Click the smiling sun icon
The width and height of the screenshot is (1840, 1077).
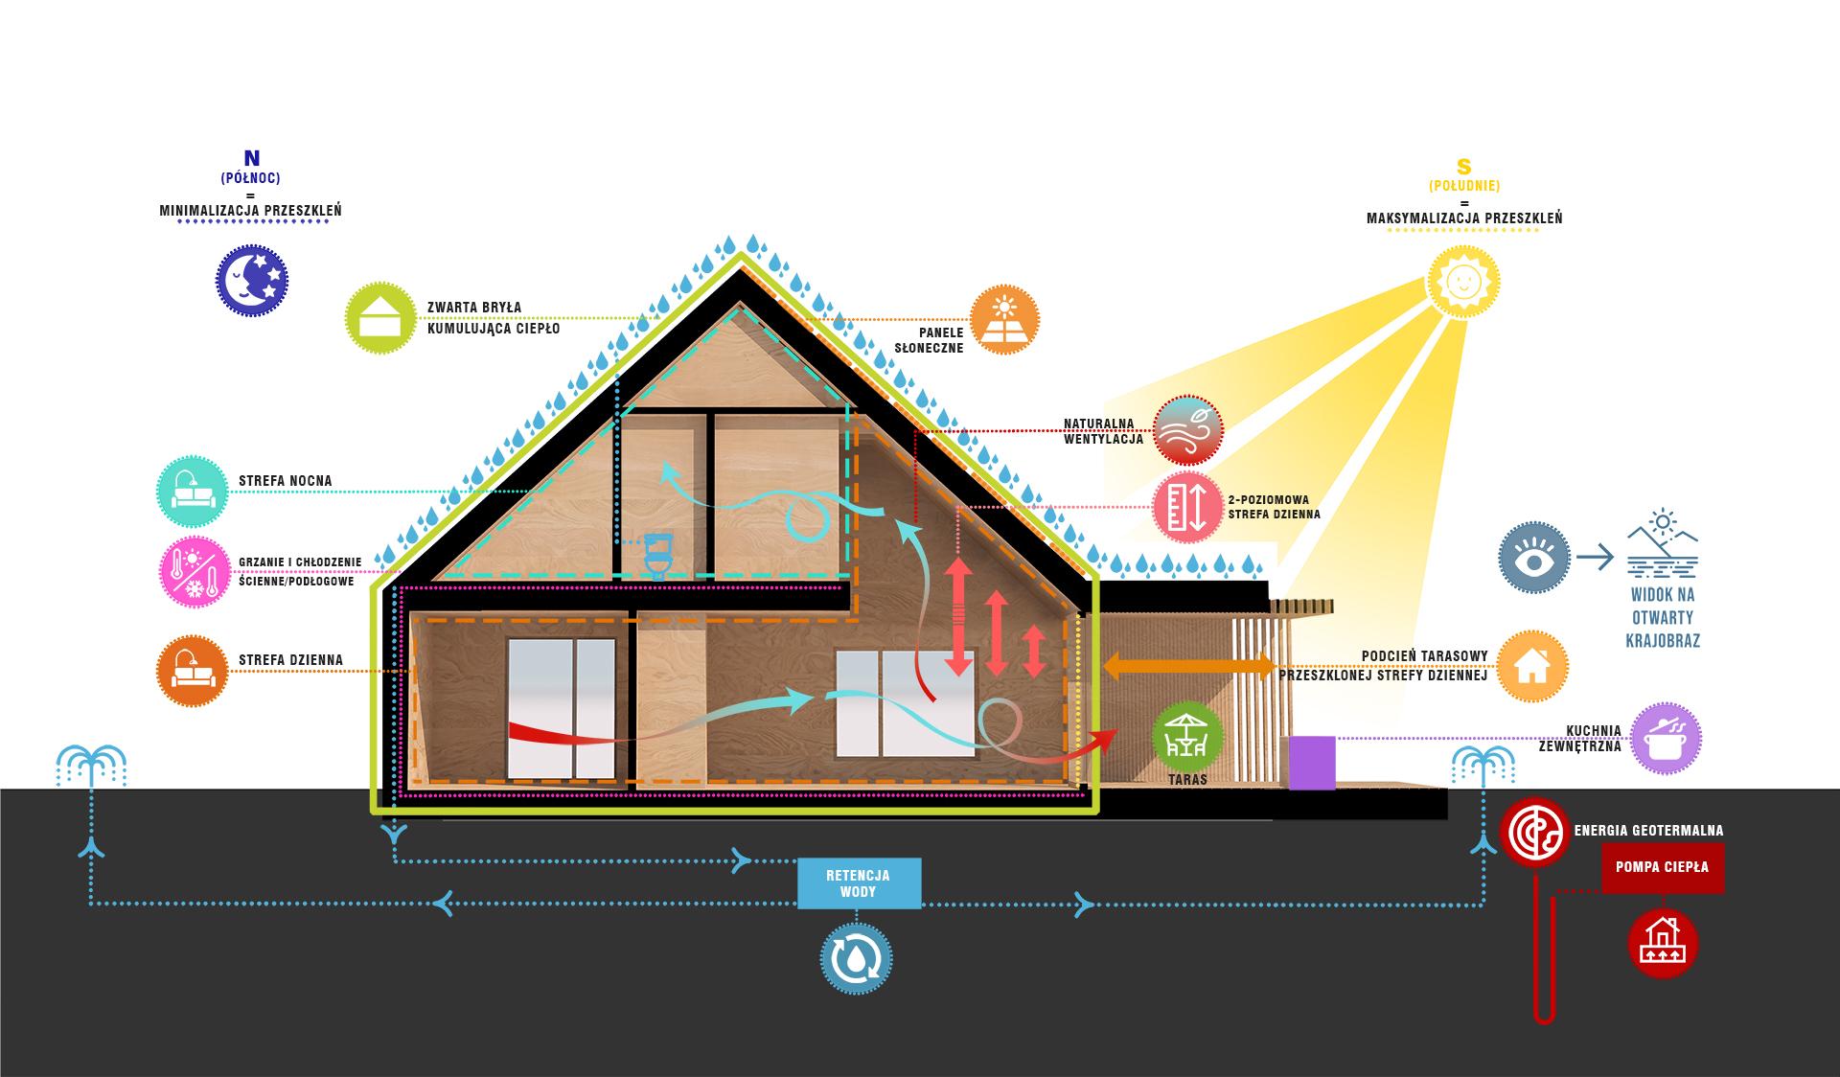point(1463,281)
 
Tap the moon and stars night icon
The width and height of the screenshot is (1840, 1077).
point(251,280)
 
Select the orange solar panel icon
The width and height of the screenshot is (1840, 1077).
point(1004,320)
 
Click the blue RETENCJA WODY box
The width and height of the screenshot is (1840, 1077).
point(859,883)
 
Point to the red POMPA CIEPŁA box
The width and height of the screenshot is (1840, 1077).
point(1662,868)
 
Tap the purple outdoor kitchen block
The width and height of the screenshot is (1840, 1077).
point(1312,763)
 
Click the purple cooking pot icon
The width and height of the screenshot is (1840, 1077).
point(1666,738)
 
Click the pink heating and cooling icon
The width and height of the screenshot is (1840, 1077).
point(194,572)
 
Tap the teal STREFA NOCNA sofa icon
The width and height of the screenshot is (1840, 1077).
point(192,491)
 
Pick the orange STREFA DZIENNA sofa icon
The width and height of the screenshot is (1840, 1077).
point(192,670)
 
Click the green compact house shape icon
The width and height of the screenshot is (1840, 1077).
point(380,318)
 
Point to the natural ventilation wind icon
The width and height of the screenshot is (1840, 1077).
point(1187,431)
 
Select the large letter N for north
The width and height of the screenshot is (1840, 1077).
point(252,159)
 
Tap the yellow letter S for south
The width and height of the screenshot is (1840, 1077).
point(1463,167)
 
